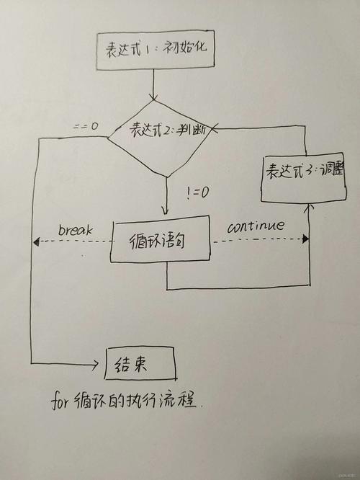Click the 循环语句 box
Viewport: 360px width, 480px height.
point(160,244)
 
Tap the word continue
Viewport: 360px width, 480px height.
point(256,226)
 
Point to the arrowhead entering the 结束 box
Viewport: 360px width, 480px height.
point(101,364)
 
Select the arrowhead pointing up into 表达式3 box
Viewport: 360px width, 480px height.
point(310,207)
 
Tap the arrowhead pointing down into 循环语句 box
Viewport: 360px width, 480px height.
point(166,211)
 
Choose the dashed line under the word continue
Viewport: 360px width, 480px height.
point(259,239)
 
